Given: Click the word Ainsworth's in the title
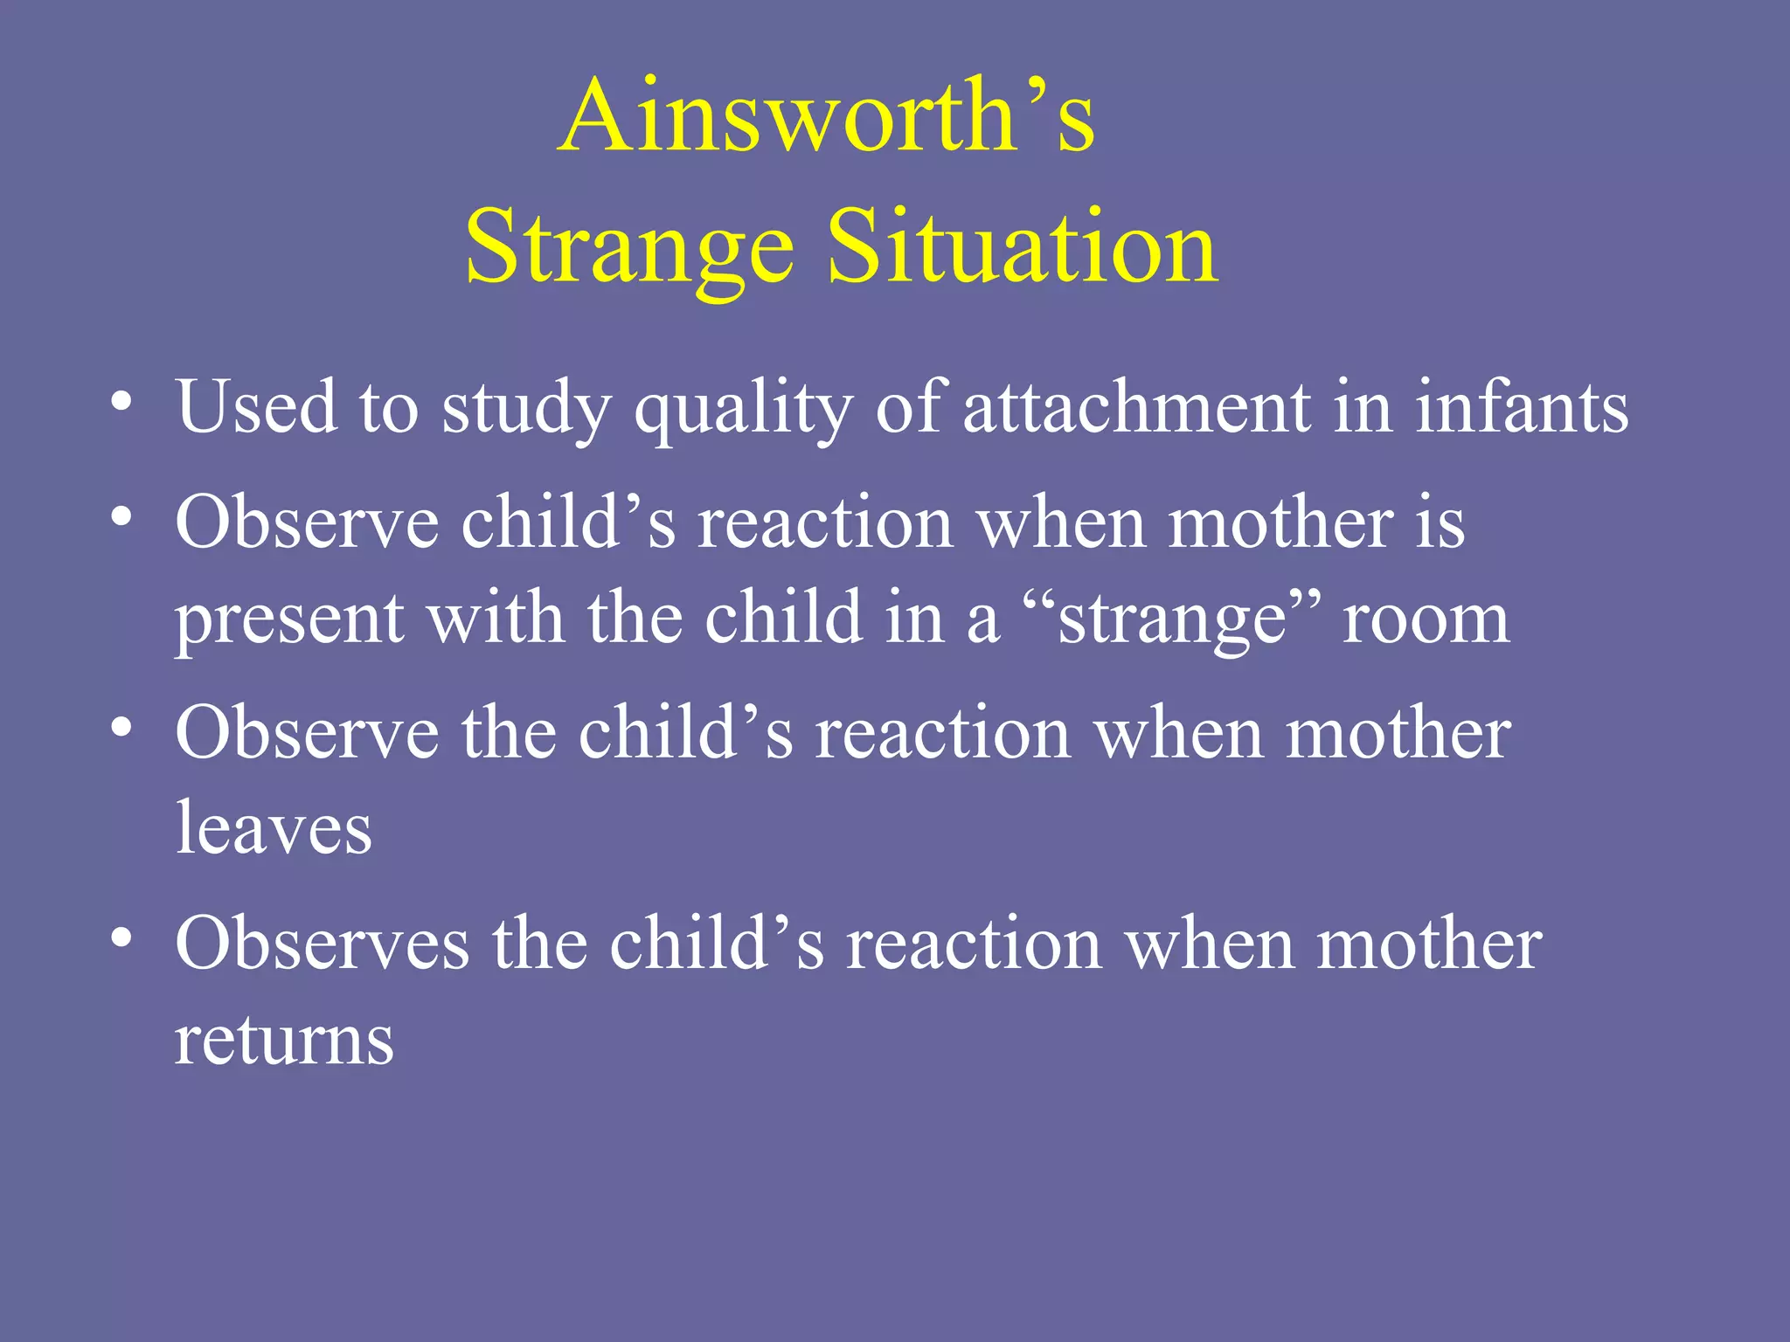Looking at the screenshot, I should coord(826,117).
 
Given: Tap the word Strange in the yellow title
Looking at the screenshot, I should coord(629,248).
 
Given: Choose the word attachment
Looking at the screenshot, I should coord(1137,407).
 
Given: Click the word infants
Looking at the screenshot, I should coord(1522,407).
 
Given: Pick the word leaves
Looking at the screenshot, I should coord(274,827).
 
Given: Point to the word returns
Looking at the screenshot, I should coord(284,1040).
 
